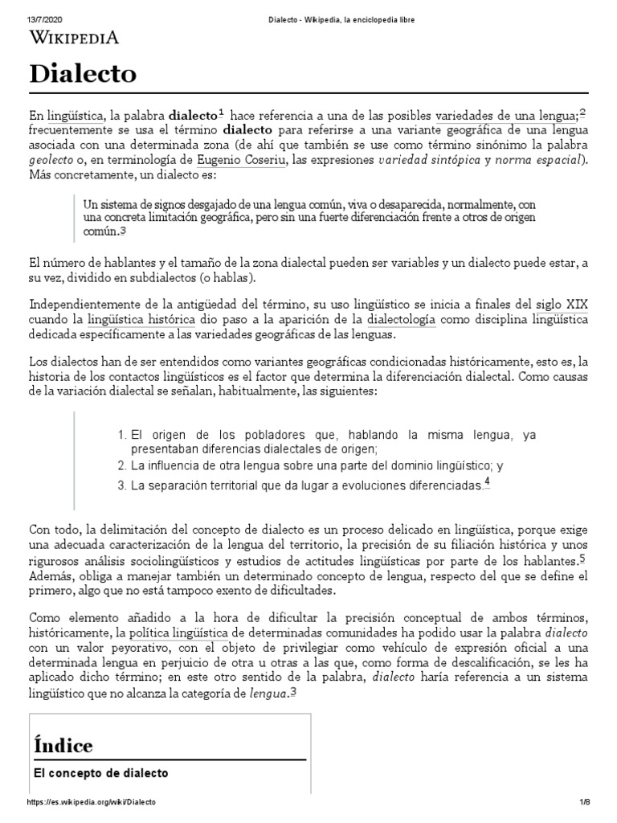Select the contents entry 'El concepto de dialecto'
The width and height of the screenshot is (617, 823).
point(100,773)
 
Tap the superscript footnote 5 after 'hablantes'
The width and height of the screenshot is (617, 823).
point(582,558)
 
